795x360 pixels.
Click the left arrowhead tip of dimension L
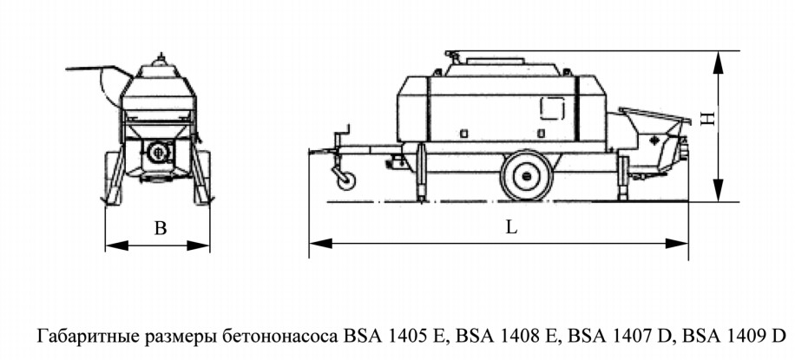coord(309,244)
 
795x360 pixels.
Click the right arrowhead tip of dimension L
coord(688,244)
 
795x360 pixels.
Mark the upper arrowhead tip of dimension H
coord(718,51)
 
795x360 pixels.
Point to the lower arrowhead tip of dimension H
coord(718,201)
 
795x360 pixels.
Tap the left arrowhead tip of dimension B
coord(106,245)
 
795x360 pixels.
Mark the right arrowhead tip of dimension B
coord(209,245)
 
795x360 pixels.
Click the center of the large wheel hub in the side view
coord(527,176)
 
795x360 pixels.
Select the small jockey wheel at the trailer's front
coord(346,181)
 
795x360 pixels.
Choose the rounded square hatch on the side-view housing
coord(553,108)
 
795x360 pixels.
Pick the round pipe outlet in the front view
coord(157,151)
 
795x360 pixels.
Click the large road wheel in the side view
coord(527,175)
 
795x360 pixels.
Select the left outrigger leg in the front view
coord(115,176)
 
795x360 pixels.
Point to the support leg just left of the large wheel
coord(420,173)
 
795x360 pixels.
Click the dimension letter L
coord(512,227)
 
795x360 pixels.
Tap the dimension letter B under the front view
coord(161,229)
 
